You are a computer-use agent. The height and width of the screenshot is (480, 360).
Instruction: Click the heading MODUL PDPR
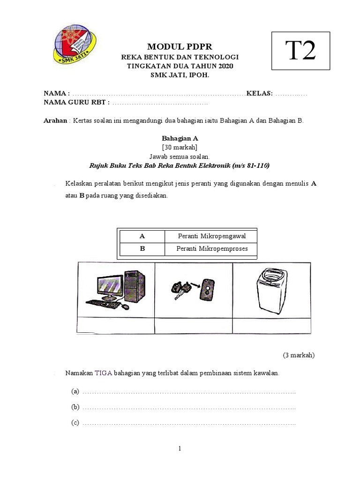coord(180,47)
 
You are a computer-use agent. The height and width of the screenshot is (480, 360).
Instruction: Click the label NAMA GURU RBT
coord(77,102)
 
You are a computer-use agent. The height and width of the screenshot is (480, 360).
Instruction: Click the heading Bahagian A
coord(180,138)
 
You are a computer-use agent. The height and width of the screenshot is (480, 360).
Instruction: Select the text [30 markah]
coord(180,147)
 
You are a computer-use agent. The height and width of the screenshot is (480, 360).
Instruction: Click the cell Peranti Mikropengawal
coord(211,236)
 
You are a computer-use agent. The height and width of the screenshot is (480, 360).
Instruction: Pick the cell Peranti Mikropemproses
coord(211,249)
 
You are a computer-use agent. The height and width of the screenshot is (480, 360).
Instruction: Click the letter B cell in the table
coord(142,249)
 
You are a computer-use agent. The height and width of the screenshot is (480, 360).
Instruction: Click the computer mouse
coord(125,307)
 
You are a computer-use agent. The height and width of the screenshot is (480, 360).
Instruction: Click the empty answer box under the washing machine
coord(271,325)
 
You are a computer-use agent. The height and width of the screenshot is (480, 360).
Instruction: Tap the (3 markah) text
coord(299,355)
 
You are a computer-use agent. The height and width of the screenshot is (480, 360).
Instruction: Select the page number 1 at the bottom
coord(180,449)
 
